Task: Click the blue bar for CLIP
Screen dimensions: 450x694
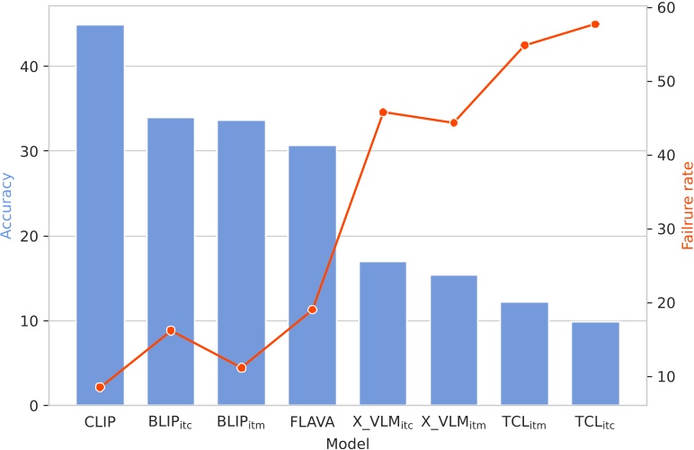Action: click(x=100, y=215)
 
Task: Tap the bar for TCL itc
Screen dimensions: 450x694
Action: click(x=595, y=364)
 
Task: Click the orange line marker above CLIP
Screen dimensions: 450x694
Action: click(x=100, y=387)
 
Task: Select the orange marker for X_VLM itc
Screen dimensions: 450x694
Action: click(x=383, y=112)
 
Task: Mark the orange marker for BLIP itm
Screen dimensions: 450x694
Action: click(x=242, y=368)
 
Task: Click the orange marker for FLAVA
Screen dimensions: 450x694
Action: click(x=312, y=310)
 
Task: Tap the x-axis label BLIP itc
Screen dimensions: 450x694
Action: click(x=171, y=422)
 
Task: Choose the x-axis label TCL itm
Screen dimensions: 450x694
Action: click(x=524, y=422)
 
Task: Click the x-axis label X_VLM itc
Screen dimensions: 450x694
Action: click(x=383, y=422)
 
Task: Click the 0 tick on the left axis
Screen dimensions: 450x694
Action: click(x=40, y=406)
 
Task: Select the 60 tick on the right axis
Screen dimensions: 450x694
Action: click(x=665, y=8)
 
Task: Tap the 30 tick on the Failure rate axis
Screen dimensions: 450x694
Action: click(x=665, y=229)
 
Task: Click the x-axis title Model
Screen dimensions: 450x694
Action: click(x=347, y=442)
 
